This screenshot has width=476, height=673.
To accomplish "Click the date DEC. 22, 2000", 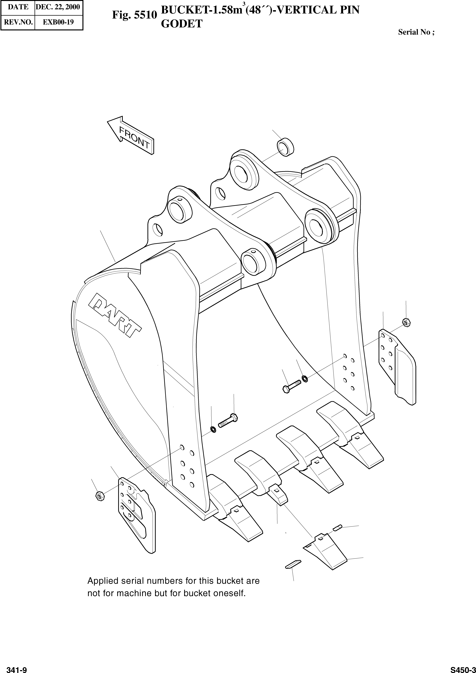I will coord(58,7).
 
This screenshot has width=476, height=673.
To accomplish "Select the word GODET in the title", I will coord(182,24).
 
